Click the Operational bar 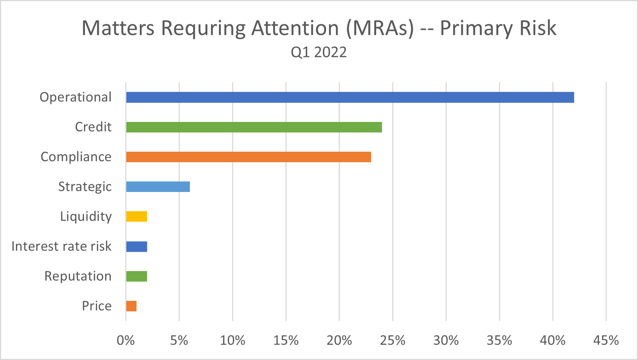[350, 97]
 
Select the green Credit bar [254, 127]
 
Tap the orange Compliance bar [248, 157]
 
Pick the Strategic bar [158, 187]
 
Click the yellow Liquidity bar [136, 216]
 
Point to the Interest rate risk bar [136, 246]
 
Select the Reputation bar [136, 276]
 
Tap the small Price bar [131, 306]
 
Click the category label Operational [76, 97]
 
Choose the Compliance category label [76, 157]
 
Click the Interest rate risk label [61, 246]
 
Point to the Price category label [97, 306]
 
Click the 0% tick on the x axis [126, 340]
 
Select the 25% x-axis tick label [393, 340]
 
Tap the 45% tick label [606, 340]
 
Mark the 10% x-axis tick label [232, 340]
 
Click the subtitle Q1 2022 [319, 52]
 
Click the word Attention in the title [295, 28]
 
